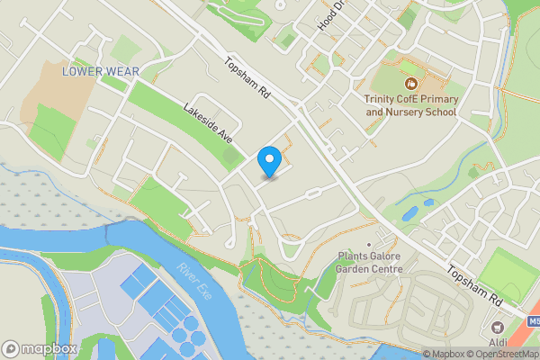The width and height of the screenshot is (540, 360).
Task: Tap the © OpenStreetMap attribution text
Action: click(502, 353)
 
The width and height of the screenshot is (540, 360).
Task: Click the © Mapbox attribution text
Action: click(442, 353)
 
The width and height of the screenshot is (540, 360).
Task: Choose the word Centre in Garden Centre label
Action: click(382, 268)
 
